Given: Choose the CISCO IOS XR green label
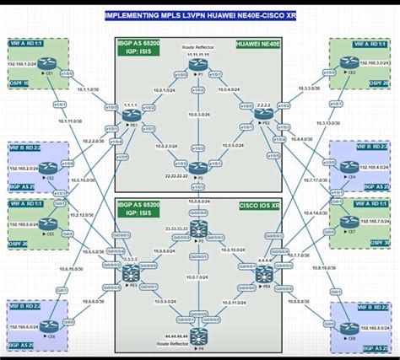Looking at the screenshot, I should (258, 203).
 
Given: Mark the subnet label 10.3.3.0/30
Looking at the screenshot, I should (305, 89).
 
